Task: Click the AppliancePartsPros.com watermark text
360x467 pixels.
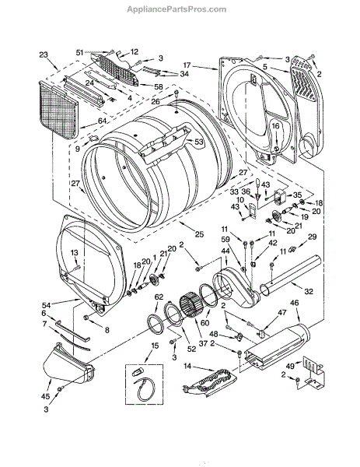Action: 177,9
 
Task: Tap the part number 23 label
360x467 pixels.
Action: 44,54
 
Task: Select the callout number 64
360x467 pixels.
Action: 102,121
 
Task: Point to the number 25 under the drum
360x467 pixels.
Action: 199,234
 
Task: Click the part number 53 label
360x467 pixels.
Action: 199,142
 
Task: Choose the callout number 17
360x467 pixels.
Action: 187,65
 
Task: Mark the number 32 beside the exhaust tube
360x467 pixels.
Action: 309,291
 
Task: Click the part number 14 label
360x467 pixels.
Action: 187,367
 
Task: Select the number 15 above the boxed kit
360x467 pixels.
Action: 155,346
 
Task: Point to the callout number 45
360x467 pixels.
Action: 46,396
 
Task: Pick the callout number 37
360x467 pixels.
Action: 203,343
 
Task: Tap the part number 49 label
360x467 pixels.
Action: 290,366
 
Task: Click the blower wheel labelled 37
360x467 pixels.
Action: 190,307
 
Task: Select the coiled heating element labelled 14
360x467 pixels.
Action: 211,384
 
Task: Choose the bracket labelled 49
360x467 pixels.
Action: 313,374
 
